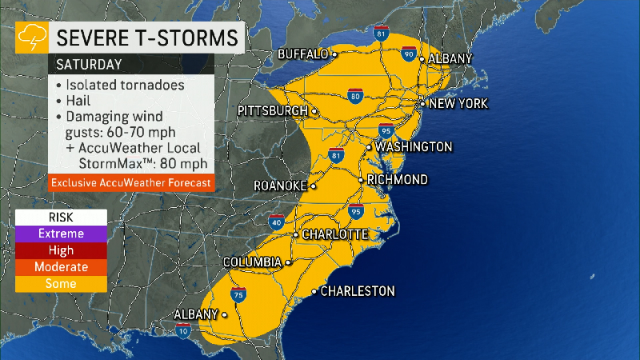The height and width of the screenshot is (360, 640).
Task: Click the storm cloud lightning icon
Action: pos(31,37)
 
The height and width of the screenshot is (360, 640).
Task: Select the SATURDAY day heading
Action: pos(89,63)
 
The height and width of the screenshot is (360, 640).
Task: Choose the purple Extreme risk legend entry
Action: pos(61,234)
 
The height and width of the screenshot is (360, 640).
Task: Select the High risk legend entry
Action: pos(61,250)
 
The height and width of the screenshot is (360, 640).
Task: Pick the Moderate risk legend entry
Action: pos(61,267)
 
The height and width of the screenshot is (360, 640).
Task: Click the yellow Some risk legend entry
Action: pos(61,284)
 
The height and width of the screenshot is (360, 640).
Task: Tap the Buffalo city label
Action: pos(303,54)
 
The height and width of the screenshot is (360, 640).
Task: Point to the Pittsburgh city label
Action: pos(274,110)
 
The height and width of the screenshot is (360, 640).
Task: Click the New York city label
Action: pos(458,104)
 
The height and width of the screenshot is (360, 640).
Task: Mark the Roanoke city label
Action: pos(280,186)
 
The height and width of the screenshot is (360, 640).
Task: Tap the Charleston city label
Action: pos(357,291)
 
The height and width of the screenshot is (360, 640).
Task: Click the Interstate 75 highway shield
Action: pos(238,295)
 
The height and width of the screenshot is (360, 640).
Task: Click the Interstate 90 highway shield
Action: pos(410,55)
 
